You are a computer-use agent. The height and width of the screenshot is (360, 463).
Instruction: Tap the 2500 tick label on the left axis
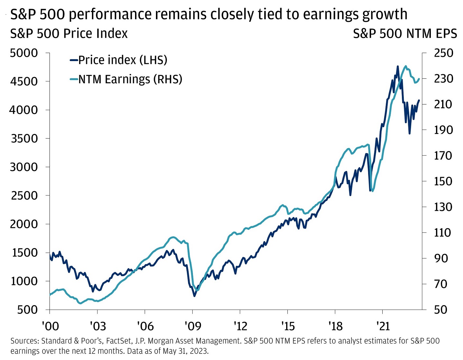[24, 195]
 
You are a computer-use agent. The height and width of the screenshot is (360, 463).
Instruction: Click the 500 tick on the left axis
[28, 310]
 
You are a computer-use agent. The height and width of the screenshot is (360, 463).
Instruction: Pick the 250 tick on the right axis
[443, 53]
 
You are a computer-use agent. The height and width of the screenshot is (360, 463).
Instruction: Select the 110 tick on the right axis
[442, 232]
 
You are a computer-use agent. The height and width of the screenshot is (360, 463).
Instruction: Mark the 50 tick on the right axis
[440, 310]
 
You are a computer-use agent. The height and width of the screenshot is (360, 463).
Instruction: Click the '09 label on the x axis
[193, 326]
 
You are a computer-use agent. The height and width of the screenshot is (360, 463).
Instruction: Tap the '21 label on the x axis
[383, 326]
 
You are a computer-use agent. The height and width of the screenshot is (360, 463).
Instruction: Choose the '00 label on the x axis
[50, 326]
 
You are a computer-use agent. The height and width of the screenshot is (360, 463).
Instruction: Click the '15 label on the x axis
[288, 326]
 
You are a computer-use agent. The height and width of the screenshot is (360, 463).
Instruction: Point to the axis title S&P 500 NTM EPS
[405, 34]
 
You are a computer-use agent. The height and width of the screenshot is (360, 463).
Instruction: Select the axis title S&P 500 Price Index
[69, 34]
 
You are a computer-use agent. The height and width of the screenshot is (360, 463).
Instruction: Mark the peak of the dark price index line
[398, 67]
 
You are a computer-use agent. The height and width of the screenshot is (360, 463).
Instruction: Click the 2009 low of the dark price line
[195, 296]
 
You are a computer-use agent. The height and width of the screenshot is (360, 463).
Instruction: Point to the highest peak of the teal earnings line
[406, 66]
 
